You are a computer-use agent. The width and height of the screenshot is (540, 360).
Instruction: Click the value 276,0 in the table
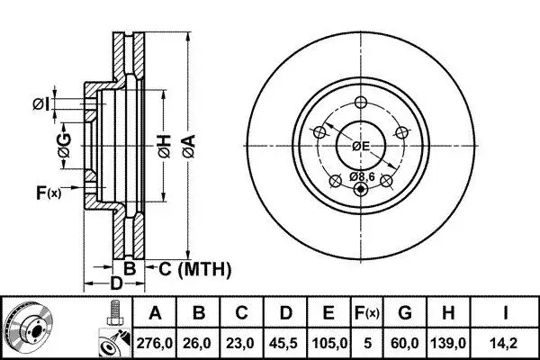point(155,343)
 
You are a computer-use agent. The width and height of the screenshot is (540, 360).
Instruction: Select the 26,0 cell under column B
point(198,343)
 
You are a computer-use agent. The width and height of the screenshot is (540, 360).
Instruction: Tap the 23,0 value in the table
point(241,343)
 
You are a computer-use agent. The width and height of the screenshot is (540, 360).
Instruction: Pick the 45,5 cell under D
point(285,343)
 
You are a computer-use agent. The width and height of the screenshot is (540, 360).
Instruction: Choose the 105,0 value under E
point(328,343)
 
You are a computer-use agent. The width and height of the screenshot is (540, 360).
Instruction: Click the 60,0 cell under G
point(405,343)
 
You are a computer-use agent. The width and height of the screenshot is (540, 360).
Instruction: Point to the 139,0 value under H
point(448,343)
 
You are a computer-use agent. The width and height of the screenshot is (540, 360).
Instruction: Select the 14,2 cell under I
point(505,343)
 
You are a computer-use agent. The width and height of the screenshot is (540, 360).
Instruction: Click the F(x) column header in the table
point(367,313)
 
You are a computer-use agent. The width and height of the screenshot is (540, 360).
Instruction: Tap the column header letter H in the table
point(448,313)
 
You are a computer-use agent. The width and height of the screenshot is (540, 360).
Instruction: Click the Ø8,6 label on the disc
point(362,176)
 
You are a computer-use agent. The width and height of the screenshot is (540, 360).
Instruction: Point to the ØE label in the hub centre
point(361,147)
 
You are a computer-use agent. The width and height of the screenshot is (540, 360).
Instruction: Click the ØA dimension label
point(189,147)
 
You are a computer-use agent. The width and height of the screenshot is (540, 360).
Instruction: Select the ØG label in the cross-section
point(65,146)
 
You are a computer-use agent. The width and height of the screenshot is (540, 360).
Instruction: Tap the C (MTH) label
point(194,269)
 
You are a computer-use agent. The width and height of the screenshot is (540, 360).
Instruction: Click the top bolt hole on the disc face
point(361,102)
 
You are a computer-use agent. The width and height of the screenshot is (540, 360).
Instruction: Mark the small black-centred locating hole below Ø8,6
point(361,189)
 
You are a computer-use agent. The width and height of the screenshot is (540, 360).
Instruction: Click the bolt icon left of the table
point(113,312)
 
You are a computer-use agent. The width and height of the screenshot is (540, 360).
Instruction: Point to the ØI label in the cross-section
point(41,104)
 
